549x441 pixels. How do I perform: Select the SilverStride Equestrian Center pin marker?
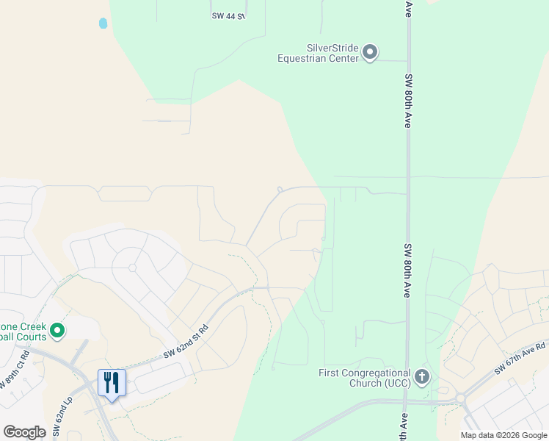click(x=370, y=52)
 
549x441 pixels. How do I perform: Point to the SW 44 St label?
click(x=228, y=15)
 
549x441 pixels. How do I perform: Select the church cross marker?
click(x=421, y=377)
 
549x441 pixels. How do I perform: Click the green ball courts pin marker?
click(x=57, y=331)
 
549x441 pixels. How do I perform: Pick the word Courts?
click(x=32, y=337)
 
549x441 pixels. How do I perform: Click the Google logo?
click(x=24, y=432)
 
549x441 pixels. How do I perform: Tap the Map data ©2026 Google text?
click(x=503, y=435)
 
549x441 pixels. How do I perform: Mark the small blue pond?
click(x=103, y=24)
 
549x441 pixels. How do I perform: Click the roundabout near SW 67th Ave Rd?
click(x=461, y=398)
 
